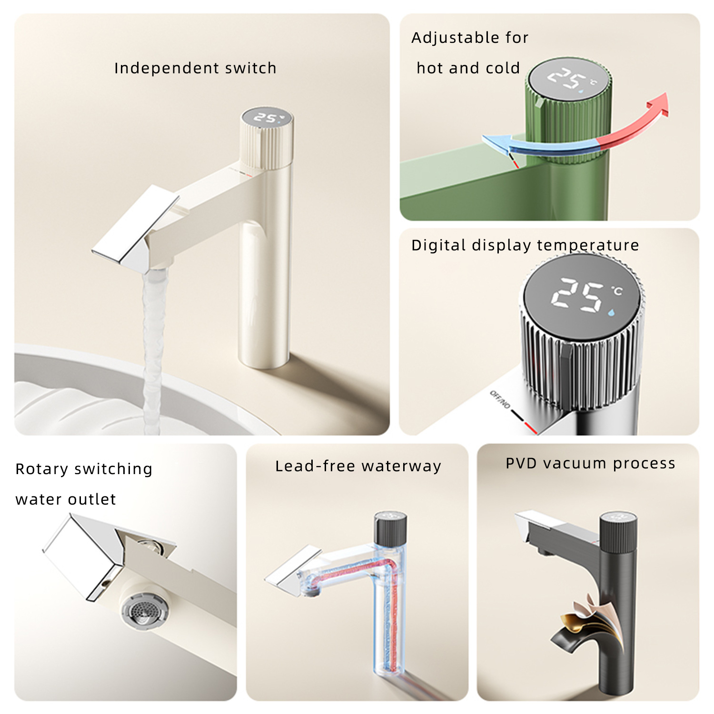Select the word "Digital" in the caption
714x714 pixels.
pyautogui.click(x=438, y=246)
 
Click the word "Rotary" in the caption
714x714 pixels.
pyautogui.click(x=42, y=469)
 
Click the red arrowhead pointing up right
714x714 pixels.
pyautogui.click(x=659, y=104)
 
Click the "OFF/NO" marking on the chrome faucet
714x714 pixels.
pyautogui.click(x=500, y=399)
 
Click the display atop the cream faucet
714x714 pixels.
pyautogui.click(x=266, y=117)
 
